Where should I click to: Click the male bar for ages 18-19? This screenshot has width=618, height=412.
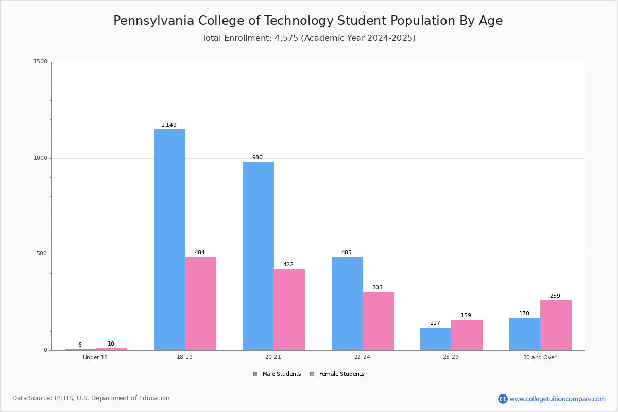[169, 240]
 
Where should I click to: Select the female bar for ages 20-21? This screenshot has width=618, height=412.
[289, 310]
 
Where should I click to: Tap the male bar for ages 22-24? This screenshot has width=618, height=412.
[347, 303]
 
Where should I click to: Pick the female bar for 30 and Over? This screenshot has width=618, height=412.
[556, 325]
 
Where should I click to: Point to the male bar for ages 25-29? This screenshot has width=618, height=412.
[436, 339]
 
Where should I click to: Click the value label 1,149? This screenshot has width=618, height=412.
[169, 125]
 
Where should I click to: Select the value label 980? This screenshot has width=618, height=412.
[257, 157]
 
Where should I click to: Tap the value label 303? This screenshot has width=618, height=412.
[377, 287]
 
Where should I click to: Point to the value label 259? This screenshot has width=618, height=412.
[555, 296]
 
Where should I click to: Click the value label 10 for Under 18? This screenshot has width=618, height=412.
[111, 344]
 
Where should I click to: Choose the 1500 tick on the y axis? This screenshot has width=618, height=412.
[41, 61]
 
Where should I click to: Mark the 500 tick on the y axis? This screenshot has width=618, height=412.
[42, 253]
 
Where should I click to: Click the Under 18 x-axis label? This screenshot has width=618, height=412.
[95, 357]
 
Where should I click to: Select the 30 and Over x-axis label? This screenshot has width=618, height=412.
[540, 357]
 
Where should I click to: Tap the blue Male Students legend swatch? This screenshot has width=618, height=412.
[255, 374]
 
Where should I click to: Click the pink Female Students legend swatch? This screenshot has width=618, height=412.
[312, 374]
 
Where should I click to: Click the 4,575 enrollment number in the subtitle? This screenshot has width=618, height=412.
[286, 38]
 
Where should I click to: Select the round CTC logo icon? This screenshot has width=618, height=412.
[503, 399]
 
